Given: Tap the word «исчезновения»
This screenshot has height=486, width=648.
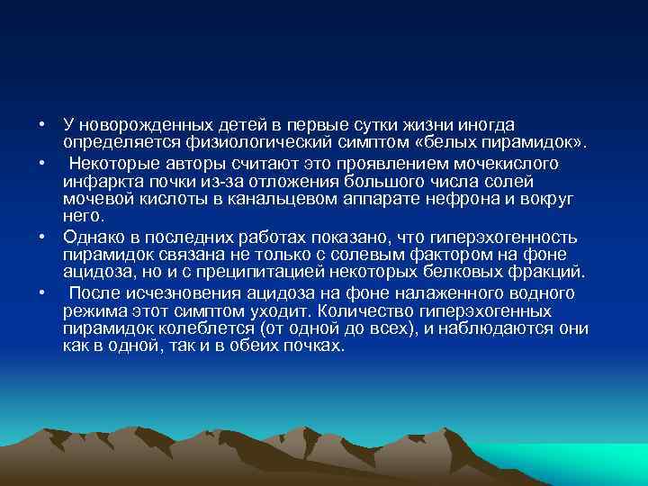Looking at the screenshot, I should [178, 292].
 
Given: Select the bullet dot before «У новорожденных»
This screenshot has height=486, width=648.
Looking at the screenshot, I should [42, 124].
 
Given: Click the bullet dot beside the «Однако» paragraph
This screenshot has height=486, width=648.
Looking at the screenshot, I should [42, 237].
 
